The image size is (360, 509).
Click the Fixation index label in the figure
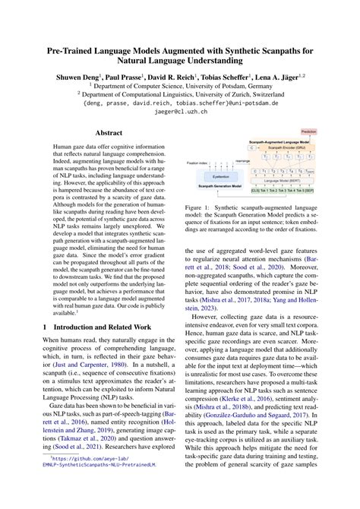200,161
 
